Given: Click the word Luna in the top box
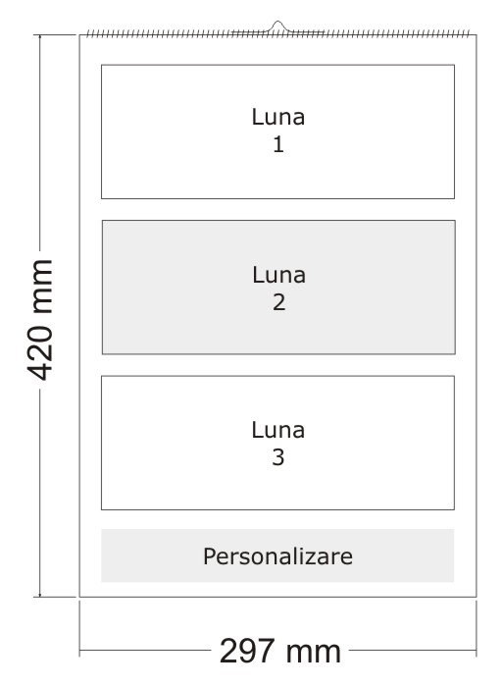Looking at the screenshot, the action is pyautogui.click(x=278, y=117).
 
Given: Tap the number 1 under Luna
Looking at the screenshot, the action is pyautogui.click(x=278, y=144).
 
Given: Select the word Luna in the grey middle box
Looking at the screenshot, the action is pyautogui.click(x=278, y=275).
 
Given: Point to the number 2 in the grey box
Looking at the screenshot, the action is pyautogui.click(x=279, y=302).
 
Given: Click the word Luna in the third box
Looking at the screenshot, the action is pyautogui.click(x=278, y=430).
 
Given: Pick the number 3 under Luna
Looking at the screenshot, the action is pyautogui.click(x=278, y=457).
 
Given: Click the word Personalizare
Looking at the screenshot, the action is pyautogui.click(x=278, y=556).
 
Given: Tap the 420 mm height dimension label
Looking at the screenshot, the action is pyautogui.click(x=40, y=320).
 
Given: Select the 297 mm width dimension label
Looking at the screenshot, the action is pyautogui.click(x=280, y=652).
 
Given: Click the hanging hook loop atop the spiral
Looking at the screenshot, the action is pyautogui.click(x=277, y=26).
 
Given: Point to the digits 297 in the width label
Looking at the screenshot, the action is pyautogui.click(x=247, y=652).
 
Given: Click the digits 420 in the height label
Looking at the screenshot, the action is pyautogui.click(x=40, y=352).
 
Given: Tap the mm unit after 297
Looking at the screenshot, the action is pyautogui.click(x=314, y=653).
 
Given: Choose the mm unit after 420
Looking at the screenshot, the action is pyautogui.click(x=41, y=287).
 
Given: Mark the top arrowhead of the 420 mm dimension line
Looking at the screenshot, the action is pyautogui.click(x=40, y=37).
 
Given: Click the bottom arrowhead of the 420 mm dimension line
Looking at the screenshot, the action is pyautogui.click(x=40, y=594).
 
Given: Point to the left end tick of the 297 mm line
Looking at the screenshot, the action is pyautogui.click(x=79, y=651).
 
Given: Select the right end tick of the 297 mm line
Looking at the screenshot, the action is pyautogui.click(x=477, y=651).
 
